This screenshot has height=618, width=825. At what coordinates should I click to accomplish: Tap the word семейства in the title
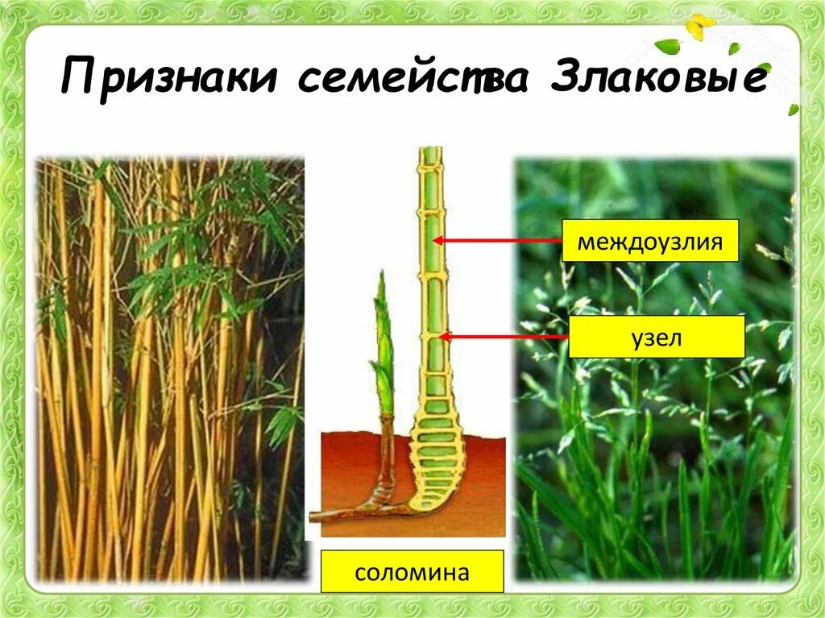[412, 81]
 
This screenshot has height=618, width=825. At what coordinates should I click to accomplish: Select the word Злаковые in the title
[657, 81]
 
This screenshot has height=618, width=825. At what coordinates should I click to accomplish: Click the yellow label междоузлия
[649, 240]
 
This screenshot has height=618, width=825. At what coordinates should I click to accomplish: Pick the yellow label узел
[657, 337]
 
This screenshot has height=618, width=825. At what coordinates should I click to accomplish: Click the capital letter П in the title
[80, 81]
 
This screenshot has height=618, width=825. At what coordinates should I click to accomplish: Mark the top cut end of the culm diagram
[432, 150]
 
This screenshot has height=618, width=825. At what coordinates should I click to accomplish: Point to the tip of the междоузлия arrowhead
[436, 240]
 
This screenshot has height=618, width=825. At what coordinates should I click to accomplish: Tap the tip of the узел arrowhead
[442, 337]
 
